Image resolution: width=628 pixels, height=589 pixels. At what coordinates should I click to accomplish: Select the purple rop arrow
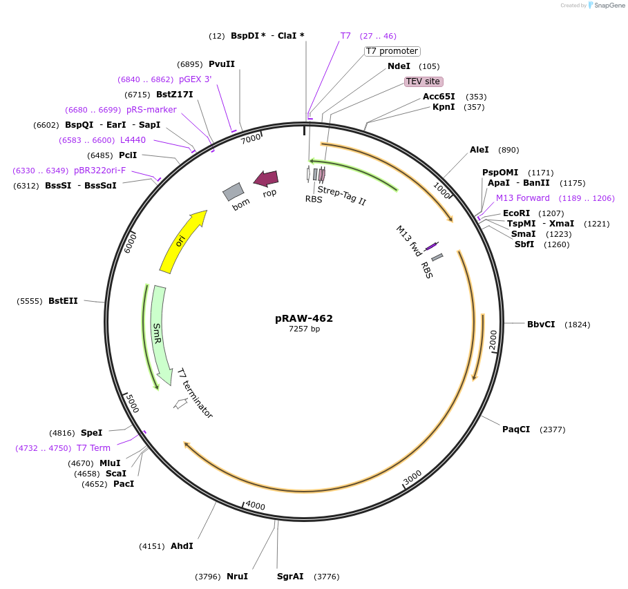tap(266, 179)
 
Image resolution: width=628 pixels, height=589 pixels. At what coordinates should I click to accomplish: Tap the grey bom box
tap(234, 191)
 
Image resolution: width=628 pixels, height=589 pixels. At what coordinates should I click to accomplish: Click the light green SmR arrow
tap(160, 332)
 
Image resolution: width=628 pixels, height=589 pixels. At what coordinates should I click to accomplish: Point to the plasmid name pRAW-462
tap(304, 318)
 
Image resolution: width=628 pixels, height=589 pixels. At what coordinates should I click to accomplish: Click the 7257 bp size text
tap(304, 329)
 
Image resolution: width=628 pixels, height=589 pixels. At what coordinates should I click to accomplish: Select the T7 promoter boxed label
tap(392, 51)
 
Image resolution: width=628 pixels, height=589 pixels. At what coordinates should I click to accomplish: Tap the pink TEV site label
tap(423, 81)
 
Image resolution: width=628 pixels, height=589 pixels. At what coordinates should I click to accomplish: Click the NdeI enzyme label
tap(399, 66)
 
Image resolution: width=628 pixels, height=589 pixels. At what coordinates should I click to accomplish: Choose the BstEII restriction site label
tap(63, 301)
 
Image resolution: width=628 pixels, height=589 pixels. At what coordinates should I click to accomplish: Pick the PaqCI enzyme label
tap(516, 429)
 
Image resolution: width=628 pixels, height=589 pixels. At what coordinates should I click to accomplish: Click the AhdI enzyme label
tap(182, 546)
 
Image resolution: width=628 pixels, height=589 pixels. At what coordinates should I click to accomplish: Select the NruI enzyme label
tap(237, 577)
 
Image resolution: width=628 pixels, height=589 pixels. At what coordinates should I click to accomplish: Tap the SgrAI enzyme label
tap(290, 577)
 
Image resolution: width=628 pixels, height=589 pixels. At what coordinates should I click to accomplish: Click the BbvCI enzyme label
tap(541, 325)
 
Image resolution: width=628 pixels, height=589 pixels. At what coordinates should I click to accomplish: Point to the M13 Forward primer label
tap(523, 198)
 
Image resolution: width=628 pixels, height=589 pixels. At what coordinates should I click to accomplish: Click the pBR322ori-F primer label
tap(100, 171)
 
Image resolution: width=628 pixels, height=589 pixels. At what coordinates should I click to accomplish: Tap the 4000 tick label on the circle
tap(255, 505)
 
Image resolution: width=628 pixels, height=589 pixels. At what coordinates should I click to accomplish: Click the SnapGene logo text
tap(607, 5)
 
